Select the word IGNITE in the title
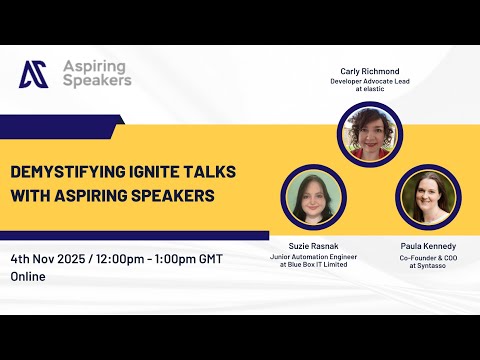pos(144,171)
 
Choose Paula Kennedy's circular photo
pos(427,198)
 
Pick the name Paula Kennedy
pos(427,246)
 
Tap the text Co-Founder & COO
pos(427,257)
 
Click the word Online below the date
pos(29,276)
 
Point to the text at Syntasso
pos(427,266)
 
